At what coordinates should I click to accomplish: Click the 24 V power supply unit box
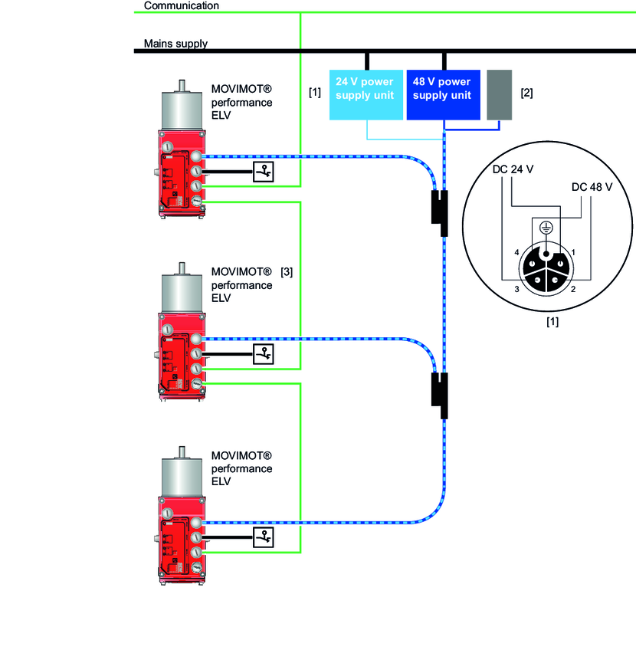[x=365, y=95]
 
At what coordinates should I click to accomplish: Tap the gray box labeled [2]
[x=499, y=95]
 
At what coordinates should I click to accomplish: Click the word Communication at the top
[x=181, y=5]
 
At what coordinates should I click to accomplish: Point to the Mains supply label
[x=175, y=44]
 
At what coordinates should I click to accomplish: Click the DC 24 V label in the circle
[x=513, y=171]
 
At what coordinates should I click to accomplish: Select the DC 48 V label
[x=592, y=187]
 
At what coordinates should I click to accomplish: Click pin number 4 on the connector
[x=517, y=253]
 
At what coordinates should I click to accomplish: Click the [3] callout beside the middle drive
[x=287, y=271]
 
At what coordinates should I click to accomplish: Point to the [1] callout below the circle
[x=552, y=322]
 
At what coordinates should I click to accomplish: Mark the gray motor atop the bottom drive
[x=181, y=475]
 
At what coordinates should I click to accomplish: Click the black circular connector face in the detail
[x=545, y=272]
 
